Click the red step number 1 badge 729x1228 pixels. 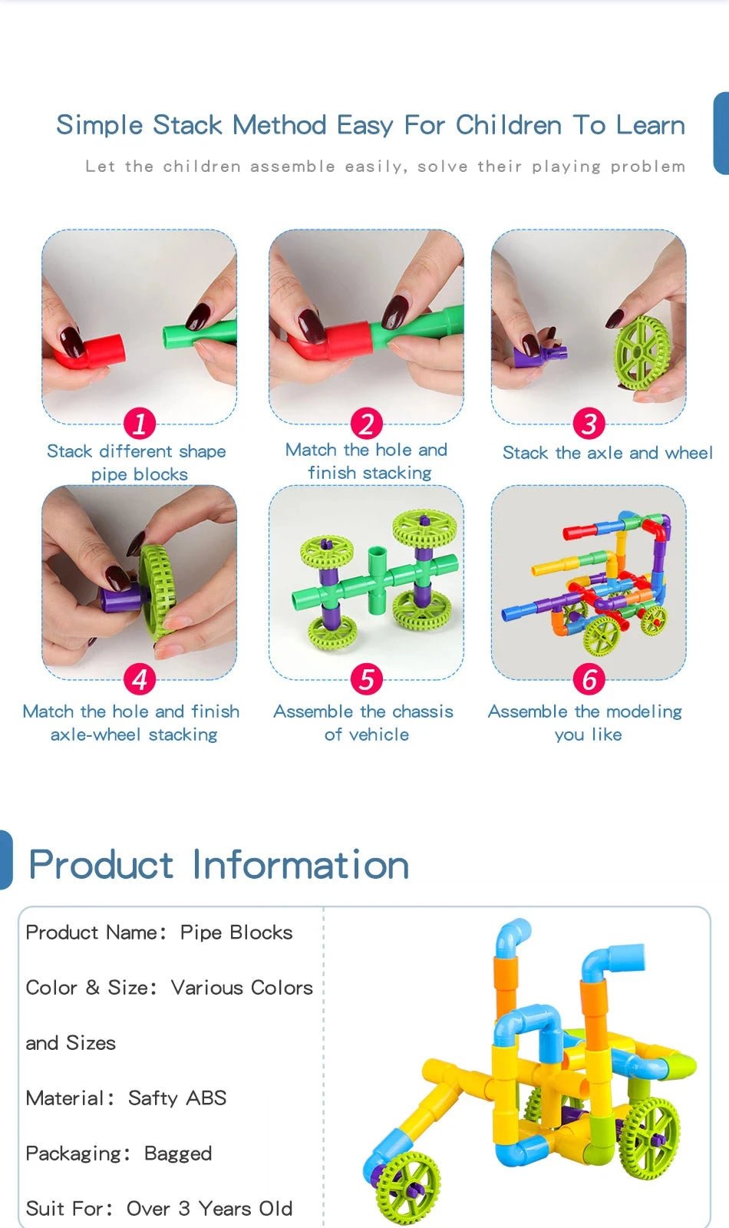click(140, 423)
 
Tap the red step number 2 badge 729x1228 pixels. click(367, 423)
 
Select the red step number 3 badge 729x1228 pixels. click(589, 423)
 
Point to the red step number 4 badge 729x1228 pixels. click(140, 679)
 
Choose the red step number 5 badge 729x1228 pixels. click(367, 679)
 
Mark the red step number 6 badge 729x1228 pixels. click(589, 679)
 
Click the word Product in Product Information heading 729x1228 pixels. click(101, 865)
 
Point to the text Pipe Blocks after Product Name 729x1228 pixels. click(236, 933)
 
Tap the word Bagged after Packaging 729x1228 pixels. click(178, 1154)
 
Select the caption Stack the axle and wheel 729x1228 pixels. click(607, 453)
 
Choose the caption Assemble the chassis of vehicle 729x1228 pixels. click(364, 723)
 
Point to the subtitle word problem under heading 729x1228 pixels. click(648, 167)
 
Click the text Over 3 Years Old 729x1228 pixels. click(209, 1209)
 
